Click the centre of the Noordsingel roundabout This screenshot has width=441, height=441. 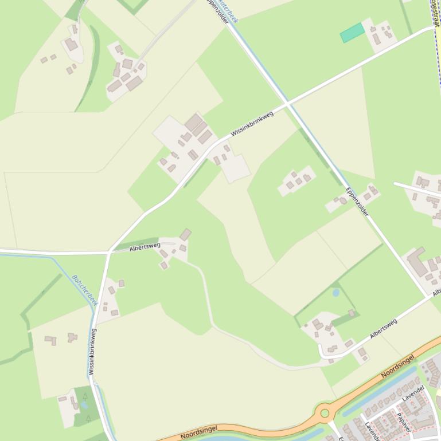[325, 412]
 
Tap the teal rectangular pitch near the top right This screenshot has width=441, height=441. [352, 33]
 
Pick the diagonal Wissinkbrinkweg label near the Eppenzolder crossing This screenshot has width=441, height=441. [252, 124]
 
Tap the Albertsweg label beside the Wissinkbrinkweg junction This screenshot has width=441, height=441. [145, 247]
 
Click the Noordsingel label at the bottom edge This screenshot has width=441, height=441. [198, 432]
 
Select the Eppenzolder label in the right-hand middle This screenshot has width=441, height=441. [357, 201]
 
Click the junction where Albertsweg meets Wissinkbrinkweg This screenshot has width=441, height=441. [109, 252]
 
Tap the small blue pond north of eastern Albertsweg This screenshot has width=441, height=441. [335, 293]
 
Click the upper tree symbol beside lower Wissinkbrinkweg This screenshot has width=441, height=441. [85, 396]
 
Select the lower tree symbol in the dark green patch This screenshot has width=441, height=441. [88, 418]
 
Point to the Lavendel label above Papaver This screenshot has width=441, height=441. [413, 393]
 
